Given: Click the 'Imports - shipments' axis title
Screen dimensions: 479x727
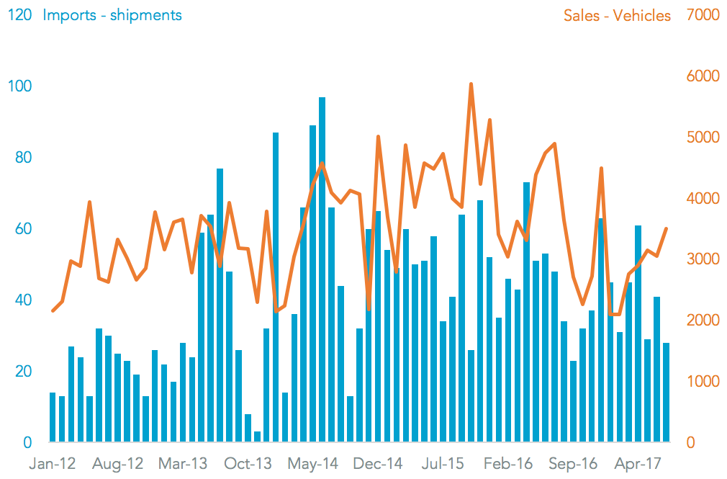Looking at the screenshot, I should click(x=112, y=15).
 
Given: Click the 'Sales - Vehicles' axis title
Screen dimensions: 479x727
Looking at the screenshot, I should click(x=617, y=15).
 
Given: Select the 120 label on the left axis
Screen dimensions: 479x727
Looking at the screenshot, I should click(x=19, y=15).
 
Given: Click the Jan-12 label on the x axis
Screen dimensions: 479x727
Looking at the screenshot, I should click(x=51, y=463).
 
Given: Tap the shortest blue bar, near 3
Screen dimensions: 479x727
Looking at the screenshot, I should click(x=257, y=437).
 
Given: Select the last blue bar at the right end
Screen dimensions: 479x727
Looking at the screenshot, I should click(x=666, y=393).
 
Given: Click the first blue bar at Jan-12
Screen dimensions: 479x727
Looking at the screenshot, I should click(x=53, y=417).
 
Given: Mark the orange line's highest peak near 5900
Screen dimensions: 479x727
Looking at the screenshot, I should click(x=471, y=84).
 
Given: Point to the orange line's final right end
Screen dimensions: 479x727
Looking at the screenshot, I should click(x=667, y=228).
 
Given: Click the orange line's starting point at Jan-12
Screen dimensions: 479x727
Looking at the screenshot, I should click(x=53, y=310).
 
